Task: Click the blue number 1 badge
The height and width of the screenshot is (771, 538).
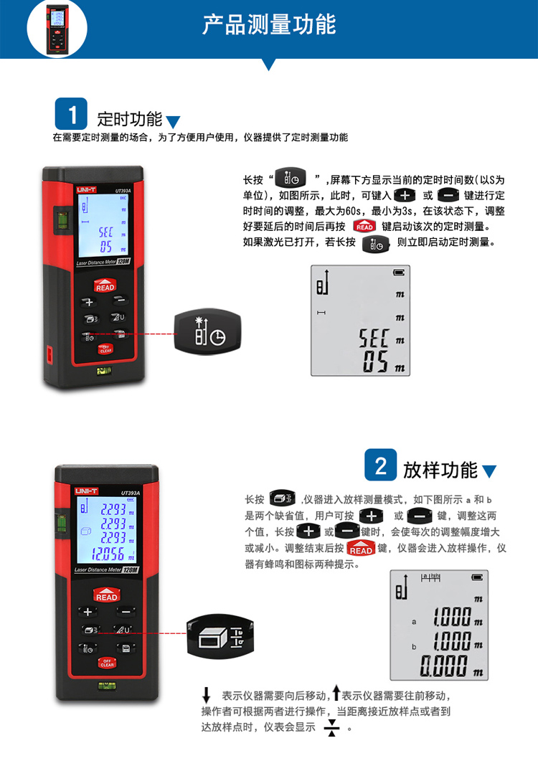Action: (x=71, y=113)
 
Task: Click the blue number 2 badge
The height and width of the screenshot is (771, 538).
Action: (x=381, y=465)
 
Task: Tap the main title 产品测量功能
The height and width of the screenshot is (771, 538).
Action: (x=269, y=24)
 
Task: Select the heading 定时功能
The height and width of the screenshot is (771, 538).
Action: (x=129, y=119)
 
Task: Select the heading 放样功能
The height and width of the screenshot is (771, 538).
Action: (x=440, y=470)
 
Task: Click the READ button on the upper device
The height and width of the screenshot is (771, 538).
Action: (x=105, y=286)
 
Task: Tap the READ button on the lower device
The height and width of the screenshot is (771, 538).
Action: (x=106, y=595)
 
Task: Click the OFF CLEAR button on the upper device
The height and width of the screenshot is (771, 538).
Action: (x=105, y=349)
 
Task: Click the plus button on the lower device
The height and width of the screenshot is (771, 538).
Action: (x=88, y=612)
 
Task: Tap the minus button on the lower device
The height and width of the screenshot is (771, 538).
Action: (x=126, y=612)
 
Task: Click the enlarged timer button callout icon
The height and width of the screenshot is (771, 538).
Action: (x=207, y=331)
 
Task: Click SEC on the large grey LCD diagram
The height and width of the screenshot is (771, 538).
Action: (x=373, y=339)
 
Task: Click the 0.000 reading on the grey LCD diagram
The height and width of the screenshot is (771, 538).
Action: (x=443, y=666)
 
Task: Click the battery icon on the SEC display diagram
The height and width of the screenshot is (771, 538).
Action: (x=398, y=273)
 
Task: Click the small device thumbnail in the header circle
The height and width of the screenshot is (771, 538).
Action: (x=57, y=29)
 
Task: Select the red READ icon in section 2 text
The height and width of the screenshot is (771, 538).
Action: (x=361, y=549)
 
